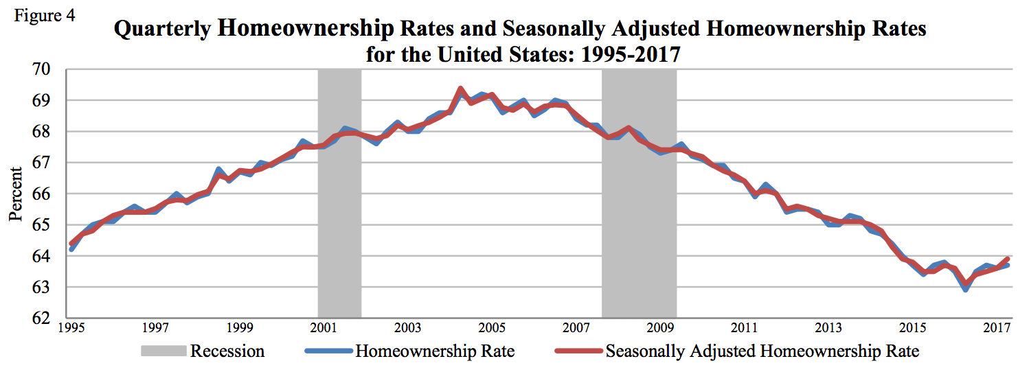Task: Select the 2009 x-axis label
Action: (660, 327)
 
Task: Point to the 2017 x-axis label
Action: (997, 327)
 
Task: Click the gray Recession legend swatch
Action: (163, 351)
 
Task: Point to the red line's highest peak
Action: (460, 89)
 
